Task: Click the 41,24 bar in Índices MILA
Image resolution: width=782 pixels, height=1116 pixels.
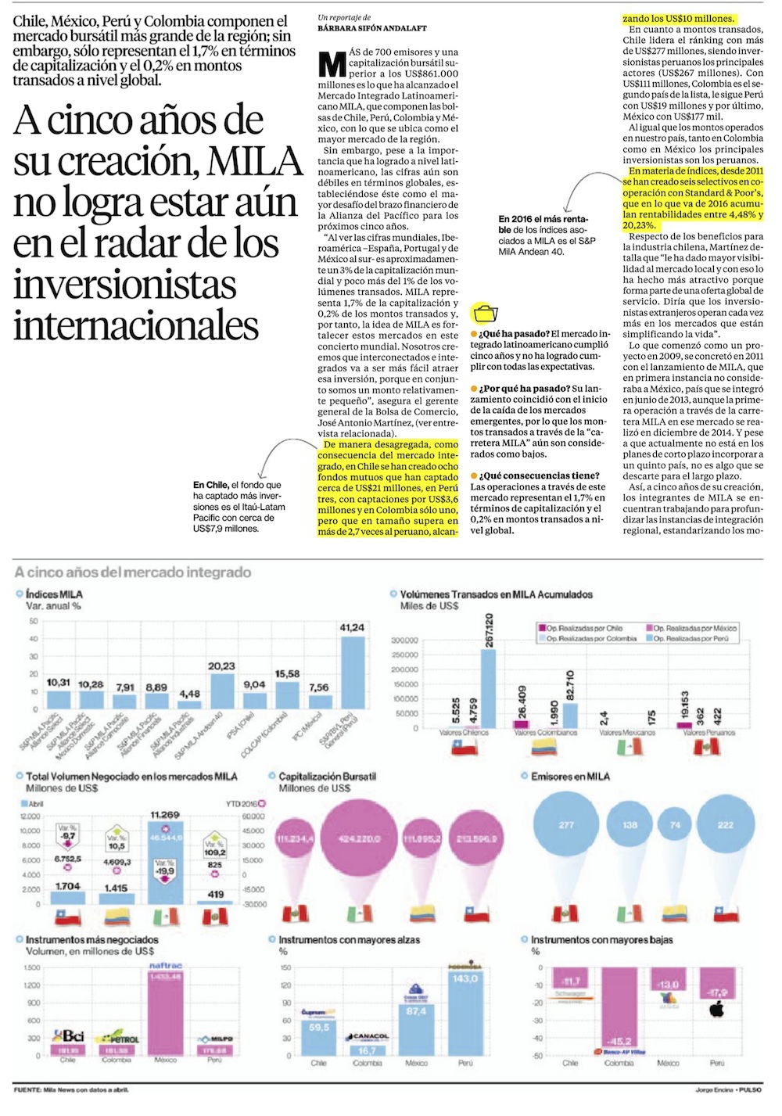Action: coord(353,673)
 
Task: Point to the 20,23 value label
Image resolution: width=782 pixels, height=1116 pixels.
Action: coord(221,666)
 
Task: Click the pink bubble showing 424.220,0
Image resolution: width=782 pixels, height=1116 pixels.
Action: coord(361,838)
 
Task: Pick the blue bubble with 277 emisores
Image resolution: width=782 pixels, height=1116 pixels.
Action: coord(566,826)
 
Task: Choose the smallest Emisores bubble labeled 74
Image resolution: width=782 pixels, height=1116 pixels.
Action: coord(676,826)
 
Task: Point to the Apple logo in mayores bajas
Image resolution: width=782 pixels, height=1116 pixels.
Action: coord(716,1010)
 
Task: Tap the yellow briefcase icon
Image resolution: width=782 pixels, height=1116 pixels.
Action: coord(486,312)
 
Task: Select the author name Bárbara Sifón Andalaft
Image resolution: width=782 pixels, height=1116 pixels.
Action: coord(372,28)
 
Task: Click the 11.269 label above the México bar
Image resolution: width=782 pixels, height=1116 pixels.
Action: coord(165,815)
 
